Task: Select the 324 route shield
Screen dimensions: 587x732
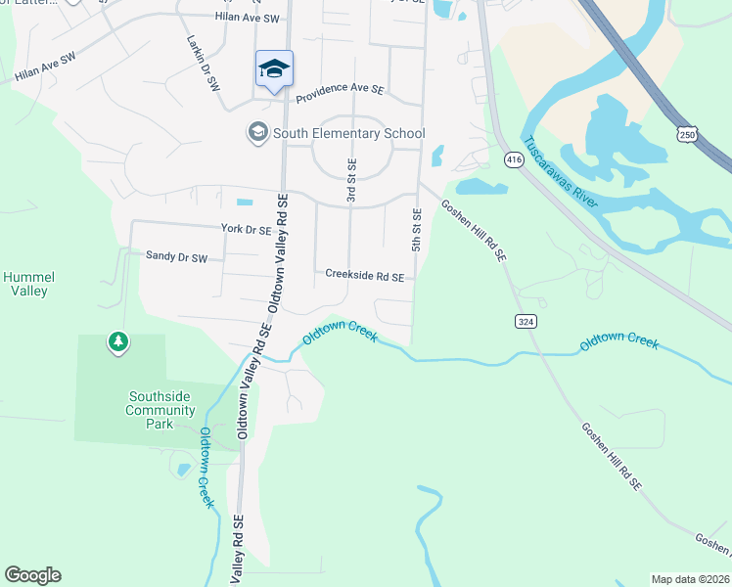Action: [526, 321]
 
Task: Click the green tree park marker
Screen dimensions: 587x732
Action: [118, 342]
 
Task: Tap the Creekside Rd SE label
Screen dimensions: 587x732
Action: [365, 277]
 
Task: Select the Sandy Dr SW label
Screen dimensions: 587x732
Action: [176, 256]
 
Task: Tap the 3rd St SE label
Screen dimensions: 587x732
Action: [351, 181]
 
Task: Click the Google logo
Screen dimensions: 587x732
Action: [32, 575]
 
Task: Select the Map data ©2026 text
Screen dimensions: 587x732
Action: [690, 579]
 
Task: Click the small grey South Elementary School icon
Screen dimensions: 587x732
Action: [257, 132]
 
